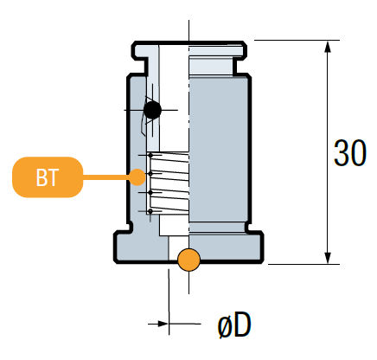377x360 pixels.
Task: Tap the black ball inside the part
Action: pos(153,110)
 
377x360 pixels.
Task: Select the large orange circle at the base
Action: pos(188,259)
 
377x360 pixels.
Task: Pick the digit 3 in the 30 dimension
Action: pos(342,153)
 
